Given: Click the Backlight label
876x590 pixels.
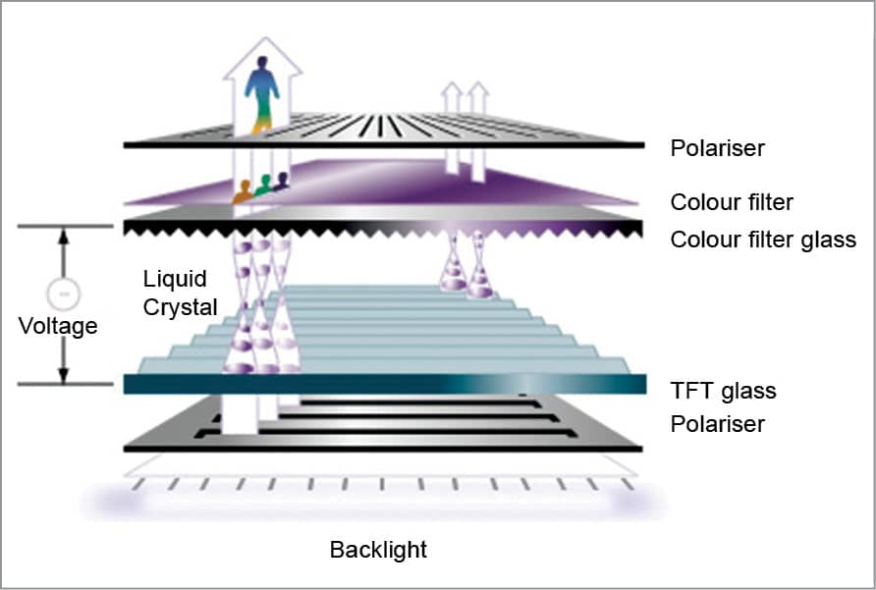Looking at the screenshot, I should point(378,549).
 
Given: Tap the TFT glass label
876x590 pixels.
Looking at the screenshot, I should point(723,391).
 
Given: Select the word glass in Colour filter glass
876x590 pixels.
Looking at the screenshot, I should point(827,240).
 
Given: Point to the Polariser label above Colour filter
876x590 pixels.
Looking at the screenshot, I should point(717,149).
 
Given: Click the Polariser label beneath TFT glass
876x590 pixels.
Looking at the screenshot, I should point(717,425).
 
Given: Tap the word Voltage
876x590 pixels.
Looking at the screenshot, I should point(58,326).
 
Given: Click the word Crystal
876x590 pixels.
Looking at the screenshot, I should point(180,306).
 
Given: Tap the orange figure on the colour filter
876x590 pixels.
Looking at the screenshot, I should point(243,191).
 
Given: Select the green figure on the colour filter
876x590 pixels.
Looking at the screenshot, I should point(263,186).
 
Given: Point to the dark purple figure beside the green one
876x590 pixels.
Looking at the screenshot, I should point(282,181).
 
